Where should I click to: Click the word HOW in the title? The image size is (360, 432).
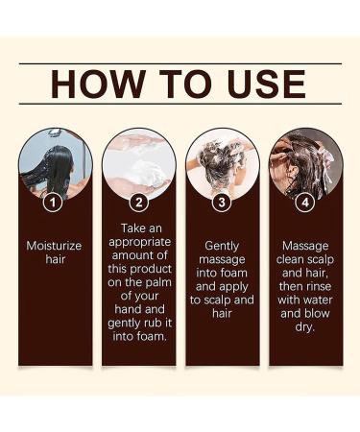coord(94,84)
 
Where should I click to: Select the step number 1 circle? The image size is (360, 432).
coord(55,203)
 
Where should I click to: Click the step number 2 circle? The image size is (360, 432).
coord(138,203)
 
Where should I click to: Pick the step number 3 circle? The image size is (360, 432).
coord(222,203)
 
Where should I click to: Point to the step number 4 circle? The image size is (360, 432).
coord(304,203)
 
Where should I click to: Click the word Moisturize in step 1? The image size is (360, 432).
coord(55,246)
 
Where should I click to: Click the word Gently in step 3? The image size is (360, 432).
coord(222,246)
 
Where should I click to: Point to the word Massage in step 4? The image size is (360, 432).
coord(304,246)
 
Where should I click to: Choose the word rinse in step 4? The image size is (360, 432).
coord(318,287)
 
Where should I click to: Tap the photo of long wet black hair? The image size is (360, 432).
coord(55,163)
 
